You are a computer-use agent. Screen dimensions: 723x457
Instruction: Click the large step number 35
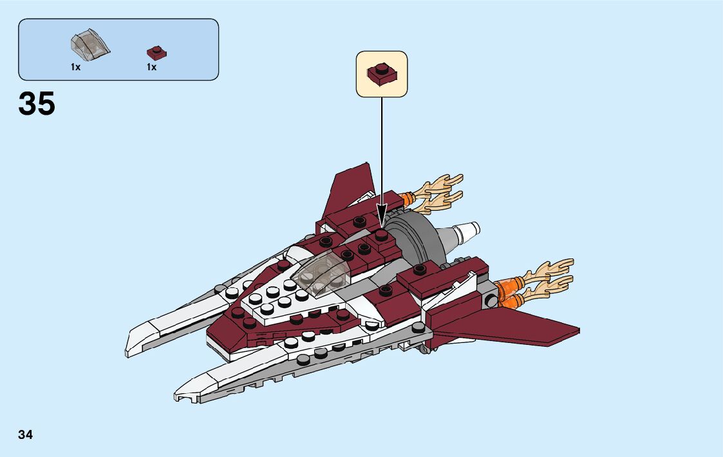point(37,104)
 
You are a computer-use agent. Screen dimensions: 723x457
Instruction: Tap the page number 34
point(26,434)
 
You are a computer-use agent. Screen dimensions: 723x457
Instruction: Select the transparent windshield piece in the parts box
point(90,43)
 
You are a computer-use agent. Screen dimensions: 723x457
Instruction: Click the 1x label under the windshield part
point(75,67)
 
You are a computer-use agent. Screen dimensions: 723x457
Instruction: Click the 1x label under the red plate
point(151,67)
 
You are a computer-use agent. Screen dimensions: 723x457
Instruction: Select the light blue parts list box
point(118,49)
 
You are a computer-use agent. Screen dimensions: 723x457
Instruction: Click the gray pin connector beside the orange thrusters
point(491,299)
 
